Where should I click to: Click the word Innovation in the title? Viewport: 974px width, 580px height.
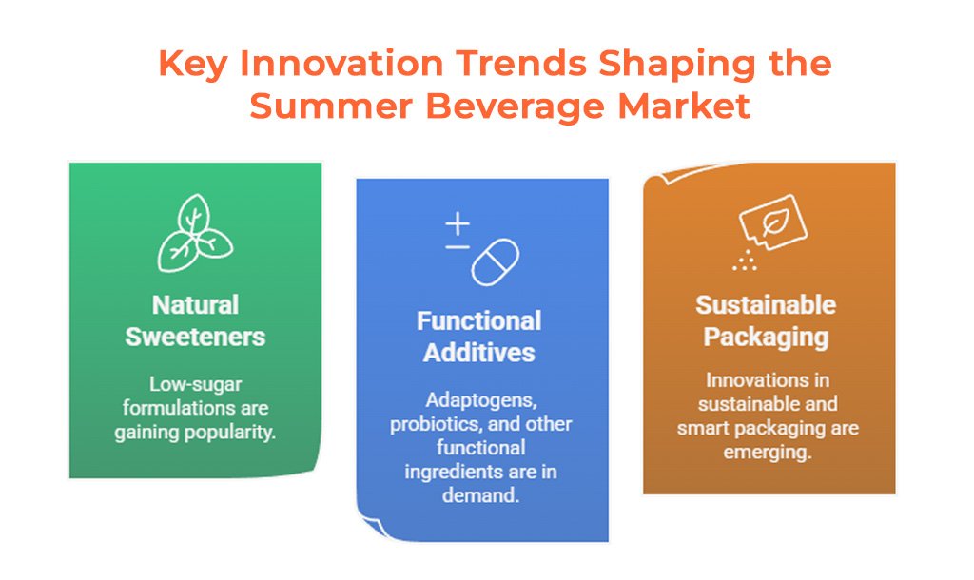tap(341, 63)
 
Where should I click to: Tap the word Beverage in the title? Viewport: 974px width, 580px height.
tap(515, 106)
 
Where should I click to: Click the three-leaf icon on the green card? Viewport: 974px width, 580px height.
tap(195, 234)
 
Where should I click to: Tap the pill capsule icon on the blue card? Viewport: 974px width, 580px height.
tap(495, 262)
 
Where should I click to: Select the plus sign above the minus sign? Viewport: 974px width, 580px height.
tap(458, 224)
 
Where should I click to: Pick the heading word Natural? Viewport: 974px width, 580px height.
tap(196, 305)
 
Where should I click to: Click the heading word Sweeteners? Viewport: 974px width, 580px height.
tap(195, 337)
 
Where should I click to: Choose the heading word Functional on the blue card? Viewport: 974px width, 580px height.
tap(479, 321)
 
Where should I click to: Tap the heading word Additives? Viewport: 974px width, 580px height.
tap(479, 353)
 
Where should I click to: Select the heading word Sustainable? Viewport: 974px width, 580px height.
tap(766, 305)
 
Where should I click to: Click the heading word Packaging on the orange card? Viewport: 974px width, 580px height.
tap(766, 338)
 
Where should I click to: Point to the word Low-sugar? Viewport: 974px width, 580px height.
tap(195, 385)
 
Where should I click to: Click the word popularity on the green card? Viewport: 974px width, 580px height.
tap(234, 433)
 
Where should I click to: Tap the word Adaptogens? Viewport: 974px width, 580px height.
tap(480, 400)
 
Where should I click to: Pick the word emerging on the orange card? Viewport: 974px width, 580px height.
tap(768, 453)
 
